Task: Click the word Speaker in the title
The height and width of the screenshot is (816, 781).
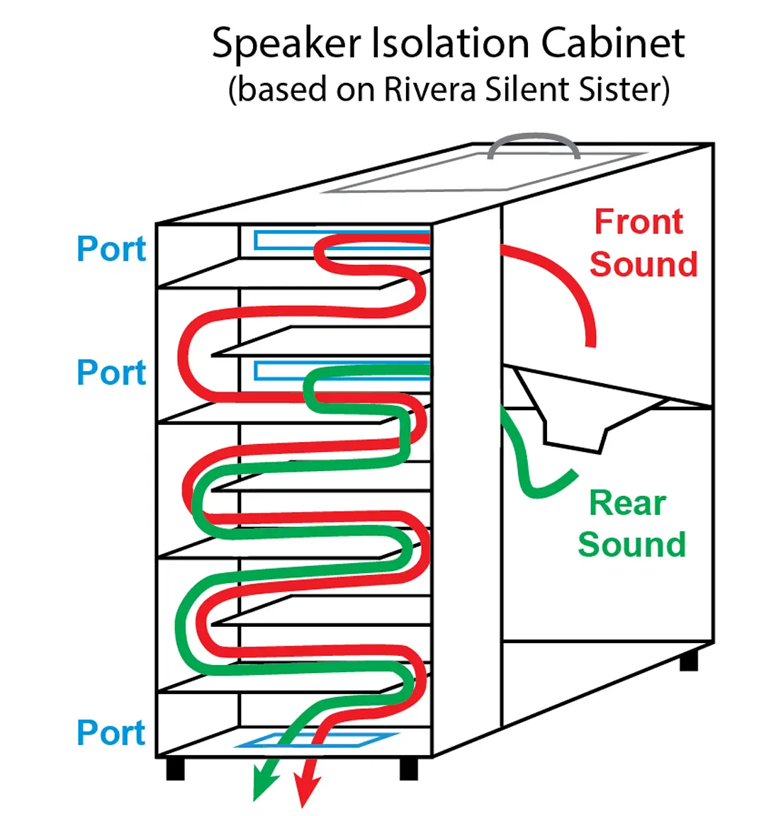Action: click(286, 44)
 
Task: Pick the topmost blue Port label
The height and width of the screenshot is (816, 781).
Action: click(111, 249)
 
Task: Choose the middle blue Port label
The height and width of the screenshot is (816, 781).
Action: click(111, 373)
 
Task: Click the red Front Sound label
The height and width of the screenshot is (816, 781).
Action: click(642, 243)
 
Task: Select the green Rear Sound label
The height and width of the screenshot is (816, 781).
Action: click(631, 523)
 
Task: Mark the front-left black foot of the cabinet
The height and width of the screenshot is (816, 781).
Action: click(175, 769)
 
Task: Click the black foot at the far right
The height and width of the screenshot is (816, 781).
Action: click(688, 660)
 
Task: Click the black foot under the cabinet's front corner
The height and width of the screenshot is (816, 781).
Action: click(408, 769)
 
